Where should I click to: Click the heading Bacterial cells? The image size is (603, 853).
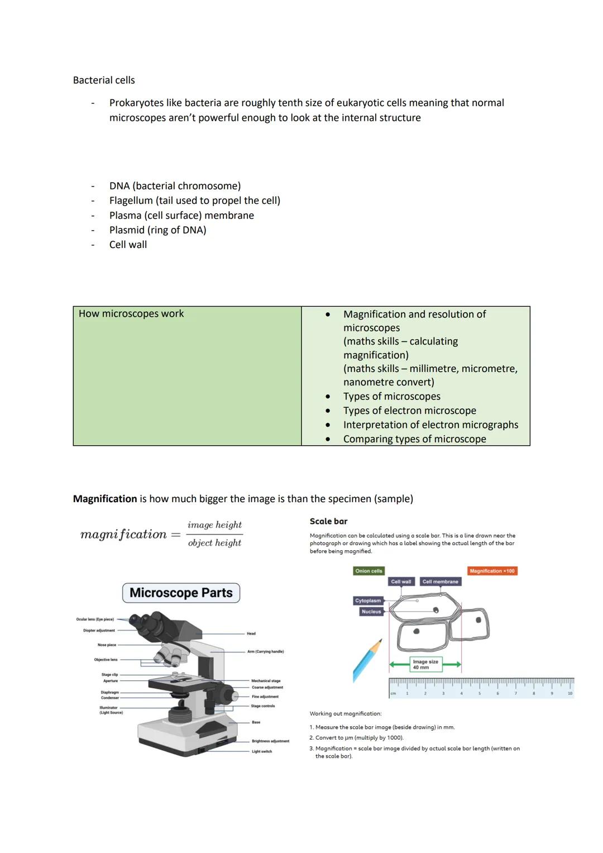(104, 80)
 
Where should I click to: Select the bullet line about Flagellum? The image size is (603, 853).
(194, 201)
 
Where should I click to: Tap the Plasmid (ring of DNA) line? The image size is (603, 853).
(157, 230)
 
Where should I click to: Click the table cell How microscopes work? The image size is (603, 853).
(131, 314)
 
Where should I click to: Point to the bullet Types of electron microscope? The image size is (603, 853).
(409, 411)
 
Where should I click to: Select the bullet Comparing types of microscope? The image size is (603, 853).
(414, 439)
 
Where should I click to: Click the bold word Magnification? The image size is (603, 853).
(105, 499)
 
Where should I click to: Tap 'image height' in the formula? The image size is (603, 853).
(214, 525)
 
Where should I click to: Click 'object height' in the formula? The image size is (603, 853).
(214, 543)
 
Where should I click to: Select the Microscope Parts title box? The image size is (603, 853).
(181, 593)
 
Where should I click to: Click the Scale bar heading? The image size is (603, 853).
(328, 521)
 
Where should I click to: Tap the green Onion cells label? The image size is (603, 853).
(368, 571)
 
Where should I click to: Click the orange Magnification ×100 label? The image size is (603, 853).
(492, 571)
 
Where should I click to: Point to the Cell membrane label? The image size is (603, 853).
(440, 582)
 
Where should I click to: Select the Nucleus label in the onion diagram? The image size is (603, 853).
(371, 612)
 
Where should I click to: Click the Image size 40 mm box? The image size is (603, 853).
(425, 664)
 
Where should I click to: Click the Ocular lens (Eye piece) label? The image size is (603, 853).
(95, 620)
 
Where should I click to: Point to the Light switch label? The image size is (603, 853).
(261, 751)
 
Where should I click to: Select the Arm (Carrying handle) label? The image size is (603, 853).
(265, 651)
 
